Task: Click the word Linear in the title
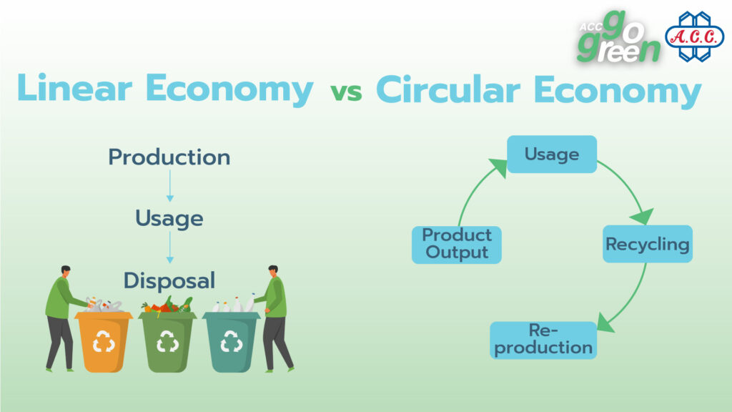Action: [x=74, y=88]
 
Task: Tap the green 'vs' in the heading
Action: [x=346, y=92]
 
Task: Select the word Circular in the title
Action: [x=447, y=89]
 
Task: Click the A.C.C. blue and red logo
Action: [x=695, y=37]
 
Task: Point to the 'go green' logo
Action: [x=618, y=37]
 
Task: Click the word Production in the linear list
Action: [x=169, y=157]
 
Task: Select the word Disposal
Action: [x=169, y=280]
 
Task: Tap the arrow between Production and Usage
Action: [x=170, y=186]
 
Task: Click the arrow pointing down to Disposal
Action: [x=170, y=247]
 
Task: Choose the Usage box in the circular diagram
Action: [x=552, y=154]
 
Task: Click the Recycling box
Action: [x=648, y=244]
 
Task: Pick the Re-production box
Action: [x=543, y=340]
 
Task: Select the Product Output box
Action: [x=457, y=245]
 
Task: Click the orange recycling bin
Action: [x=104, y=341]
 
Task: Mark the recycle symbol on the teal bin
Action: [x=231, y=341]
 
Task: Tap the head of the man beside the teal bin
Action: [x=272, y=271]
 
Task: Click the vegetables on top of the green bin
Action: [x=167, y=305]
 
